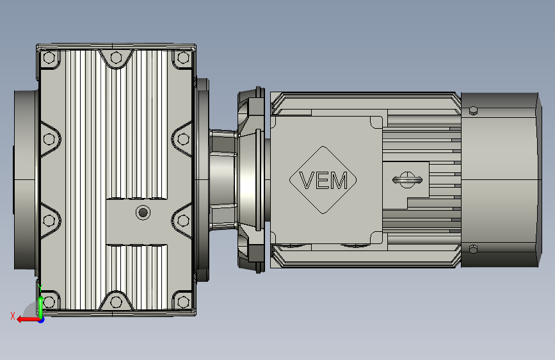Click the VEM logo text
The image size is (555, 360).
tap(323, 181)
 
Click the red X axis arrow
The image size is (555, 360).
tap(28, 320)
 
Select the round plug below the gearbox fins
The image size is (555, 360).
tap(143, 213)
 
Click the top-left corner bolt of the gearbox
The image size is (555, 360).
tap(49, 58)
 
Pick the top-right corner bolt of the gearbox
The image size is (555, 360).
tap(183, 58)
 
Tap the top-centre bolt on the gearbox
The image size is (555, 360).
tap(116, 58)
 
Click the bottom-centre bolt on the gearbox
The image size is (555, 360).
tap(116, 302)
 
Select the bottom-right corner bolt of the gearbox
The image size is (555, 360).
tap(183, 302)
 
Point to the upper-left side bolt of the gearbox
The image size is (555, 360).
tap(49, 139)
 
